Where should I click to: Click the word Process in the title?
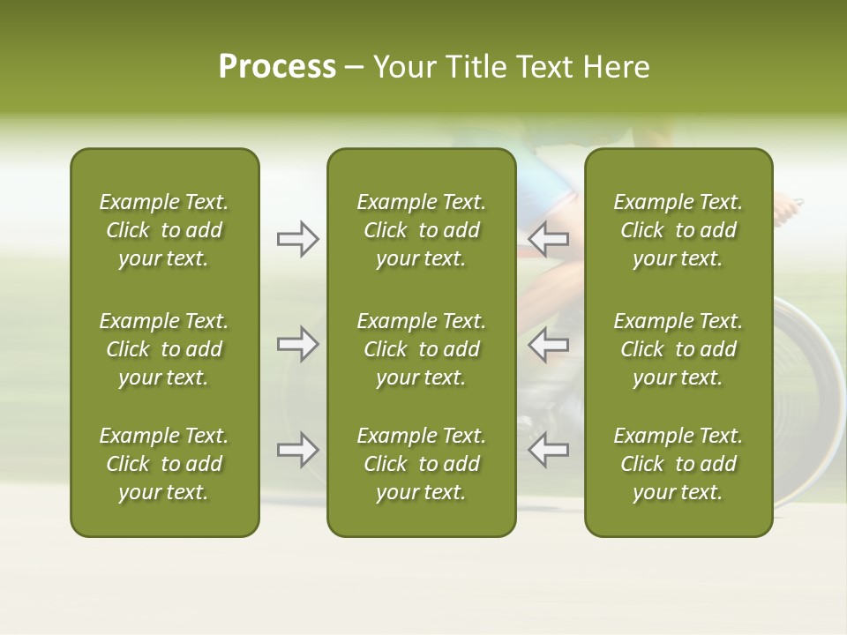tap(277, 67)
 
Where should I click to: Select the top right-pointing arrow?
tap(297, 239)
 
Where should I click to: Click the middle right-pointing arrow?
tap(297, 344)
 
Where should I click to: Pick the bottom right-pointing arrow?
tap(297, 450)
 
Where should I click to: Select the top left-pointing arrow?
tap(549, 239)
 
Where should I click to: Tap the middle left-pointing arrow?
tap(549, 344)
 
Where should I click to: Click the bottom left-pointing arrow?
tap(549, 450)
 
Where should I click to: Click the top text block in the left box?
tap(164, 230)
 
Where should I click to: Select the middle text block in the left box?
tap(164, 349)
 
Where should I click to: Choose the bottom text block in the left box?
tap(164, 464)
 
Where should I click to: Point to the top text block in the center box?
tap(421, 230)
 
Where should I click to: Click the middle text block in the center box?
tap(421, 349)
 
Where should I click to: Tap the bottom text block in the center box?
tap(421, 464)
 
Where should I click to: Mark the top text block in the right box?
tap(678, 230)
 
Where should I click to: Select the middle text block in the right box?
tap(678, 349)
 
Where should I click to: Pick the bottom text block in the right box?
tap(678, 464)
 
